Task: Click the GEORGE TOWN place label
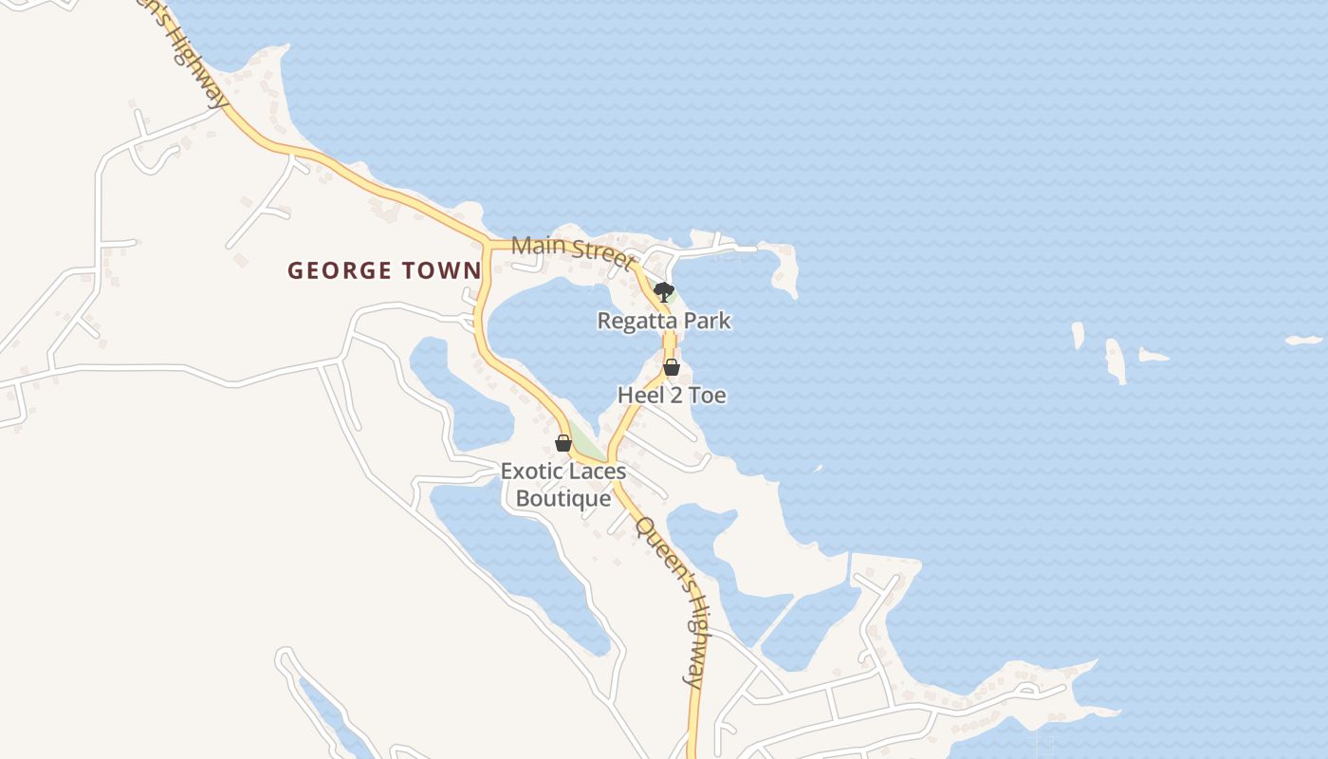coord(384,270)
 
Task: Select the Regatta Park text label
coord(663,321)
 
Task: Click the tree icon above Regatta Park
coord(664,291)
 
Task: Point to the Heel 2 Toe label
coord(672,395)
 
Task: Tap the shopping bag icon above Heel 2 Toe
coord(672,367)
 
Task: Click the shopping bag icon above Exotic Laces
coord(563,443)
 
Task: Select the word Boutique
coord(563,498)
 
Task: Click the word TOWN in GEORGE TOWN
coord(442,270)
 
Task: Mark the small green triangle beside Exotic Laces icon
coord(587,442)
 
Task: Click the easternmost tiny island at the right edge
coord(1304,340)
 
